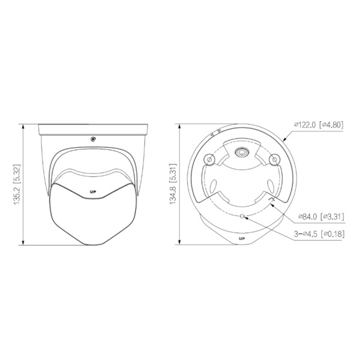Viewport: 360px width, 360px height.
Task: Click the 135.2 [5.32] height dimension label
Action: (x=17, y=184)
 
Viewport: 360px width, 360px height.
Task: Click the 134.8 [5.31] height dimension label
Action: (x=173, y=184)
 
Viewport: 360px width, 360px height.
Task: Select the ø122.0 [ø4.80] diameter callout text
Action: (x=319, y=125)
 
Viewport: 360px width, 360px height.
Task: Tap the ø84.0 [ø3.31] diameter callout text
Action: (x=321, y=216)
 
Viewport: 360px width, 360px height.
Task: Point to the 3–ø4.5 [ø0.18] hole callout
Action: (x=319, y=234)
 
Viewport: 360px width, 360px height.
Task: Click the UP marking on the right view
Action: (x=242, y=239)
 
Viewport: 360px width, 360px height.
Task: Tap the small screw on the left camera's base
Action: (x=93, y=139)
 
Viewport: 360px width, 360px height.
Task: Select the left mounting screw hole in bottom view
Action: (x=209, y=160)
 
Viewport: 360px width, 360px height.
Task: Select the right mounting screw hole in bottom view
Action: (x=274, y=160)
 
